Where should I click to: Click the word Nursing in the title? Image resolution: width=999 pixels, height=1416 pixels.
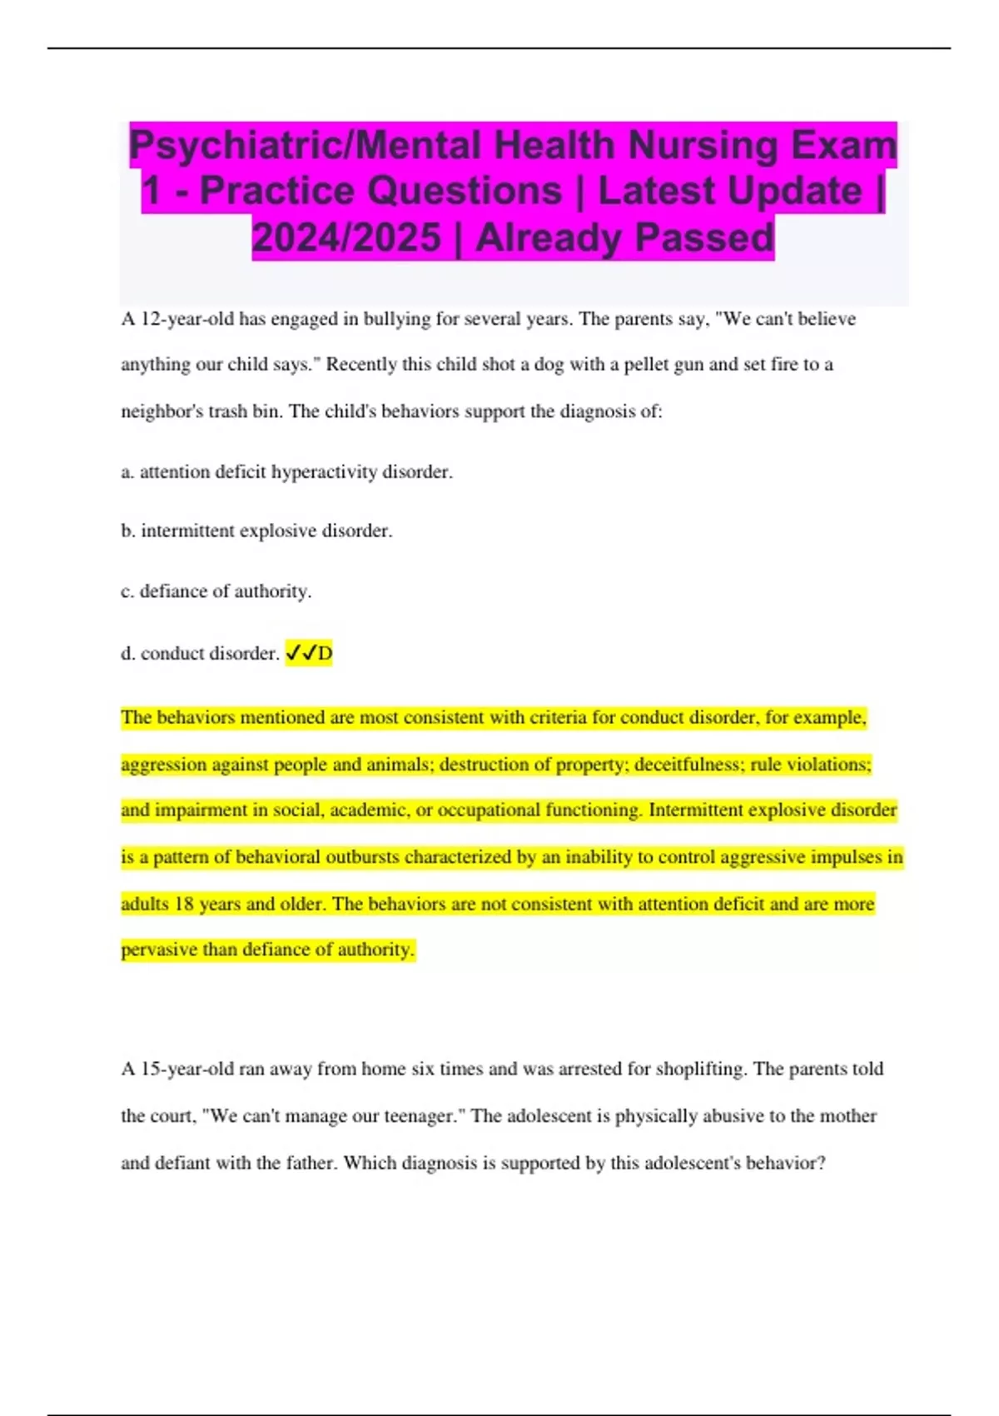coord(703,145)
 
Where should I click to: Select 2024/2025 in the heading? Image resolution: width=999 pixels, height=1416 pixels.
coord(346,237)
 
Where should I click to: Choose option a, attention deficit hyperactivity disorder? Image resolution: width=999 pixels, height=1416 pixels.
coord(287,472)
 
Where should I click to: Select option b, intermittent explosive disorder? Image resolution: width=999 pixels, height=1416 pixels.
coord(256,531)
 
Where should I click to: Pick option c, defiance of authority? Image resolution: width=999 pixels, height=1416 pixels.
coord(216,591)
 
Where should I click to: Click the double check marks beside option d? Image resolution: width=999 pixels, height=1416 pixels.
coord(301,653)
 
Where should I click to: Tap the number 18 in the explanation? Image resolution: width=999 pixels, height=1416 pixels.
coord(183,905)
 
